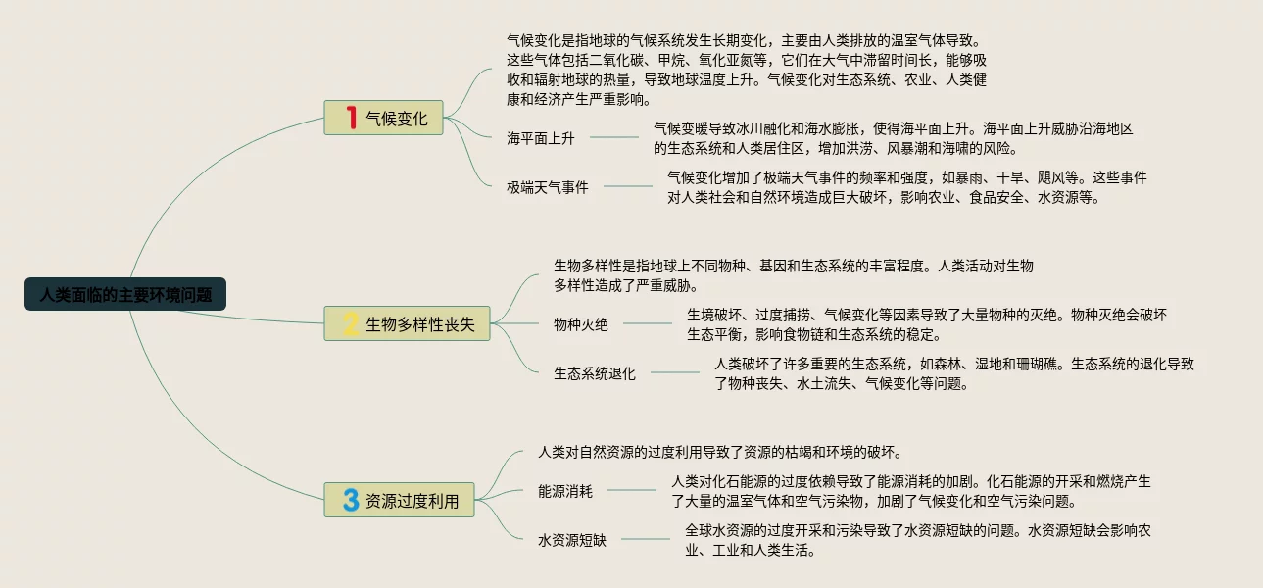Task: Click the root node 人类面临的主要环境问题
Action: (125, 294)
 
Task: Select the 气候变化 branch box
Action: (384, 118)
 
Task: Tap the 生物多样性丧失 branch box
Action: (408, 323)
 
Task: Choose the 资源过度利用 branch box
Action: (399, 500)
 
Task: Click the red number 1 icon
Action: (351, 118)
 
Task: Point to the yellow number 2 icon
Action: (350, 323)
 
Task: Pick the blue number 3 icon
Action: (350, 500)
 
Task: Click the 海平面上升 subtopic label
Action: (540, 138)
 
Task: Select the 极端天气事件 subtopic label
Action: (547, 187)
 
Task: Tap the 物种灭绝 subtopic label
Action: (580, 324)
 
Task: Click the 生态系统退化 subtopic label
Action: (594, 373)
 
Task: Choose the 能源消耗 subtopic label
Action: (565, 491)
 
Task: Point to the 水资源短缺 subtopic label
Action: (572, 540)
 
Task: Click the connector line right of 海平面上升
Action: (614, 138)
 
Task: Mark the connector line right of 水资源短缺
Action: (646, 539)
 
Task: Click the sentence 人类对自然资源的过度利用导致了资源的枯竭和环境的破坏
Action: (719, 452)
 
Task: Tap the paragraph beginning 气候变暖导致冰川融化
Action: (893, 138)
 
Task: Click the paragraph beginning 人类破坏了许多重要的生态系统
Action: (952, 373)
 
